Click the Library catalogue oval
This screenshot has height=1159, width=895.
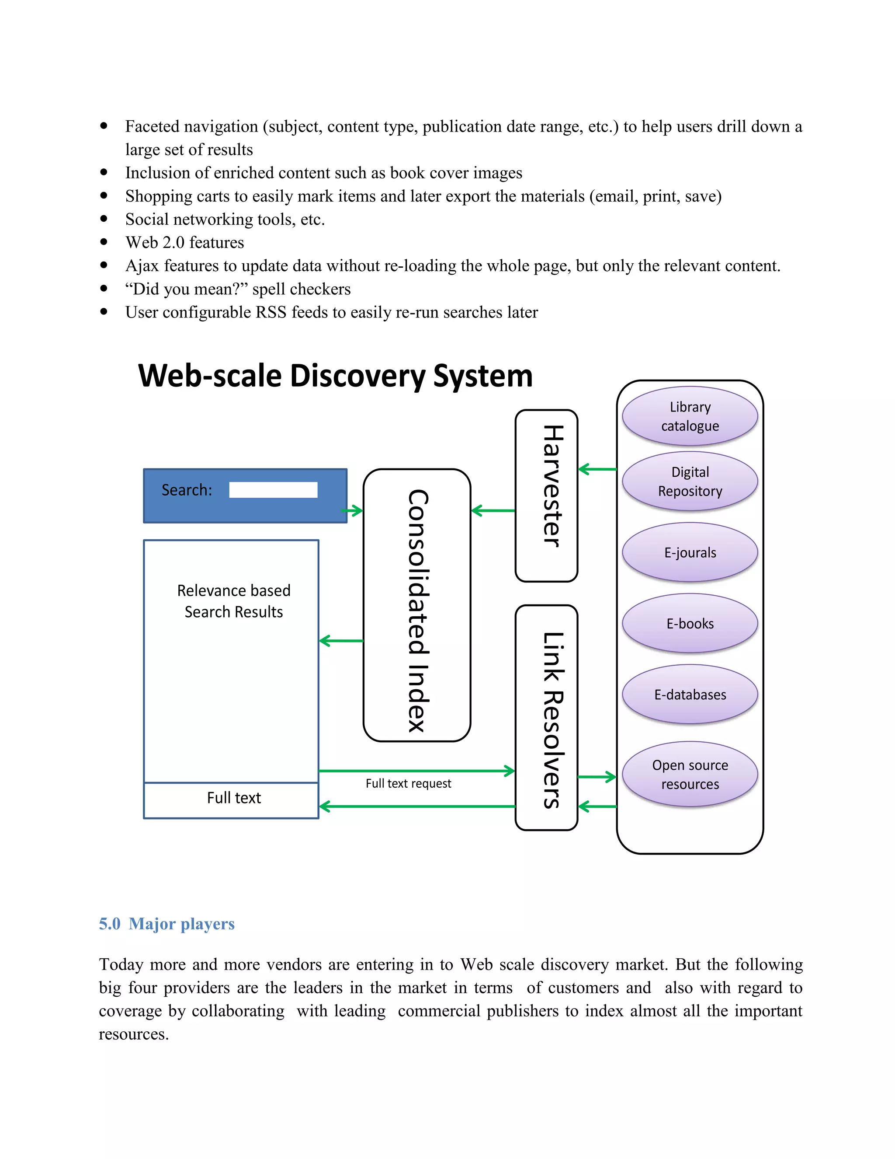click(690, 416)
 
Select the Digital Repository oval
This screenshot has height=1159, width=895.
click(690, 482)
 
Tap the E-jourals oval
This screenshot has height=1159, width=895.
click(690, 552)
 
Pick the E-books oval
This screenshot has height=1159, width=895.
click(690, 624)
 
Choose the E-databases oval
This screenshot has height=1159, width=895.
click(690, 694)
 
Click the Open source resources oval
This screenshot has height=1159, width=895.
click(690, 774)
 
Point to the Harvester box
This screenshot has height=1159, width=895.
click(546, 496)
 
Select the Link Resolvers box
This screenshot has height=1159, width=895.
click(546, 717)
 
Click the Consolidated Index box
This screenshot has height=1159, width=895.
click(417, 605)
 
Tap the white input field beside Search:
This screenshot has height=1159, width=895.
click(273, 490)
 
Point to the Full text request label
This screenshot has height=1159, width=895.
click(408, 784)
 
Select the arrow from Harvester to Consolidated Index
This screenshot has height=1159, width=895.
click(493, 510)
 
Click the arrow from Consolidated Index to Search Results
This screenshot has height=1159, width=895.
click(341, 641)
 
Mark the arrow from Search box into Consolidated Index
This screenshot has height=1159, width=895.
click(353, 511)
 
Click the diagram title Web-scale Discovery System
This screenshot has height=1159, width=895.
click(335, 376)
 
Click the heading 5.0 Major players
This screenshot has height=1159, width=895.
click(167, 924)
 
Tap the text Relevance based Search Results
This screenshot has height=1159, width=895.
click(233, 601)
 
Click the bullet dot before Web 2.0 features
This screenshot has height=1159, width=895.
click(104, 242)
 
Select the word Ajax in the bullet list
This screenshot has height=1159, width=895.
click(142, 266)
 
